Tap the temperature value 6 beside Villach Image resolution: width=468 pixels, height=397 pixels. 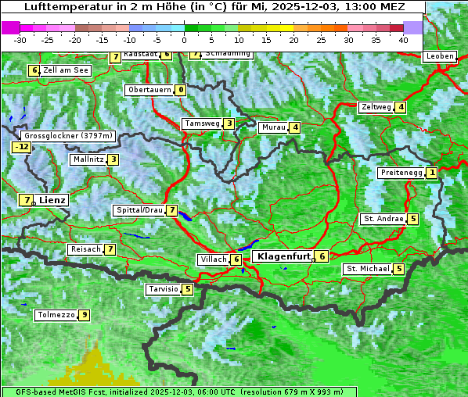coord(236,259)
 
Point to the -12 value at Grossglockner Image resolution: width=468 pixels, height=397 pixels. coord(21,147)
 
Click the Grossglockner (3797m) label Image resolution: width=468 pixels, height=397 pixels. coord(70,135)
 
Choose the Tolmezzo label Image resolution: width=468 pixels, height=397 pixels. coord(56,316)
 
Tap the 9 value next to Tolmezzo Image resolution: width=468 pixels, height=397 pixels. coord(84,316)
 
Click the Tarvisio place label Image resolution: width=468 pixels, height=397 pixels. coord(163,289)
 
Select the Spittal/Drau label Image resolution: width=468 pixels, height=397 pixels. coord(139,210)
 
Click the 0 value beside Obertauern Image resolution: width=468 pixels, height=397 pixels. coord(181,90)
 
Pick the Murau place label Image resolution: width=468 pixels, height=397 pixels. coord(273,127)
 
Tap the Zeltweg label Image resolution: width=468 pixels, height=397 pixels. coord(375,107)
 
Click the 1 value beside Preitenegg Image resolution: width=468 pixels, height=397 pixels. coord(432,173)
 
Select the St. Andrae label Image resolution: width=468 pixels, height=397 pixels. coord(383,219)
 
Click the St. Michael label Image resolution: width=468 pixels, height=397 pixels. coord(368,269)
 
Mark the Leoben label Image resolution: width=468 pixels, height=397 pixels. coord(440,56)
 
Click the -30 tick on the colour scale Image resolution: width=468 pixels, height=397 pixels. coord(21,40)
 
